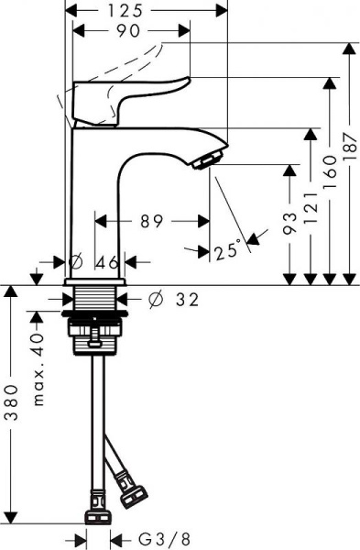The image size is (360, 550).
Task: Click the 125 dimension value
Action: tap(148, 11)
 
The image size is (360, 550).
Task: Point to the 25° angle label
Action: tap(228, 247)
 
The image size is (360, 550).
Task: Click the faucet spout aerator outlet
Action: tap(207, 160)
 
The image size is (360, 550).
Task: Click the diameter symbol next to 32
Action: tap(154, 300)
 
